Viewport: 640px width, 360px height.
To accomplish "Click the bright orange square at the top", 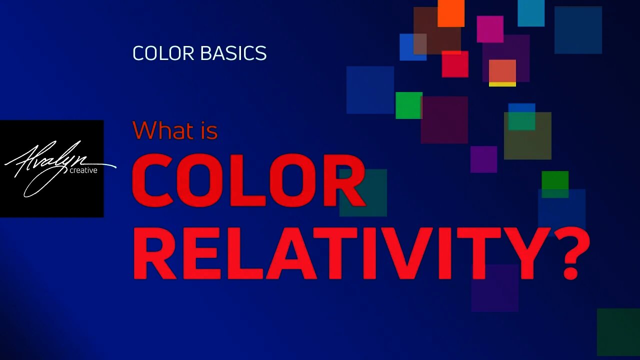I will [x=451, y=13].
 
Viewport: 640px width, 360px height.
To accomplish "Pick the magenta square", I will [x=490, y=29].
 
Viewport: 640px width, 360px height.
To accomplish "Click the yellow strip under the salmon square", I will [x=502, y=84].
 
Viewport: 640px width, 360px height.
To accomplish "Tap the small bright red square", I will [x=455, y=64].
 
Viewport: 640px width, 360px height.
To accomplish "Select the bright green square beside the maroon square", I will [x=408, y=105].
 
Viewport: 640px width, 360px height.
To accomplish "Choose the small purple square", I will [x=483, y=159].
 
